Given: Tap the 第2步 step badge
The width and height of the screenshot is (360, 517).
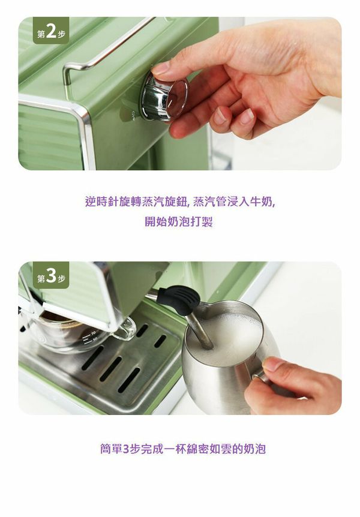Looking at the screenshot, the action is pos(51,31).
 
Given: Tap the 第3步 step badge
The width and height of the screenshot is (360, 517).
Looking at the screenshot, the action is pos(51,276).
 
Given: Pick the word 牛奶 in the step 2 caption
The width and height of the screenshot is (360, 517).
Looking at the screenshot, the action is pos(262,202).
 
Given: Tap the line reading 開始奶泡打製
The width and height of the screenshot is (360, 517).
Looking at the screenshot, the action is pos(179,222).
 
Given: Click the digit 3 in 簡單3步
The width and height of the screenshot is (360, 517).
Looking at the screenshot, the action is pos(126,449).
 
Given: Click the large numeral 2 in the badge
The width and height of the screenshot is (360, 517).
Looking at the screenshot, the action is pos(51,31).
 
